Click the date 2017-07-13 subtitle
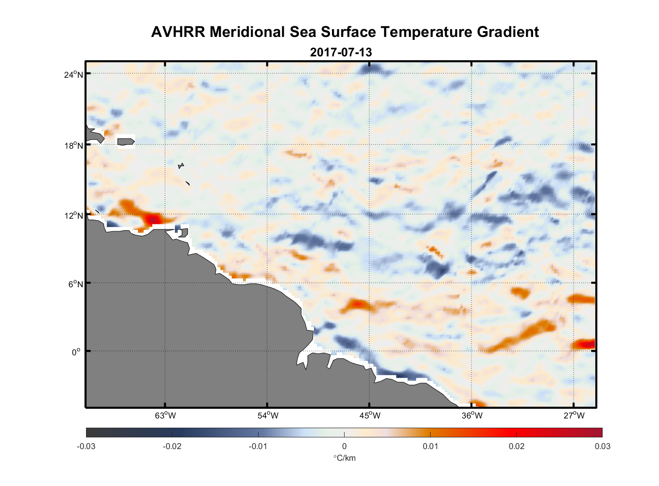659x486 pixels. pos(341,52)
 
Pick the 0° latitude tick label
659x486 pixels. pos(76,352)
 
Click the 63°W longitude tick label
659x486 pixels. pos(166,416)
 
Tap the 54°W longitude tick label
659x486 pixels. pos(268,416)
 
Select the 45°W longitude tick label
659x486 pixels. pos(370,416)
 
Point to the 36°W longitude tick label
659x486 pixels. pos(472,416)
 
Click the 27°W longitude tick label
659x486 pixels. pos(574,416)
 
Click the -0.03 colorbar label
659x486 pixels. pos(86,446)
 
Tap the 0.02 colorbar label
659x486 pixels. pos(517,446)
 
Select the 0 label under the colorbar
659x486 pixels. pos(344,446)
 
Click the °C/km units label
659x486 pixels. pos(344,458)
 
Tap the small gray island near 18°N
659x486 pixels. pos(125,141)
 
